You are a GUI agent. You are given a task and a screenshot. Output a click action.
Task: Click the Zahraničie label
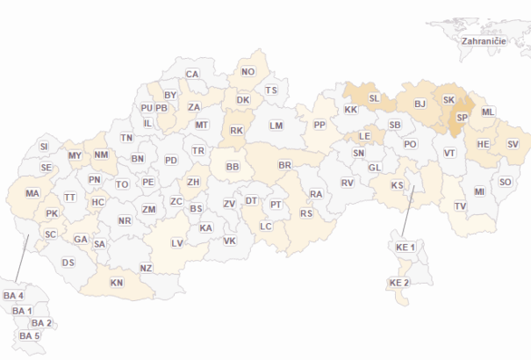point(483,40)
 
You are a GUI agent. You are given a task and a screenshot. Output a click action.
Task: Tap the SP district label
point(463,117)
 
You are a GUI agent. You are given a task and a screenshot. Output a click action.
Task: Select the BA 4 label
point(13,295)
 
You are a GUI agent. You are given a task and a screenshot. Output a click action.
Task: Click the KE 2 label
point(399,283)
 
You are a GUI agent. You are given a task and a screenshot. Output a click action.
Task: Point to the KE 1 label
point(405,247)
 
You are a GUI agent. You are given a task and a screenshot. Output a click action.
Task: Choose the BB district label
point(233,166)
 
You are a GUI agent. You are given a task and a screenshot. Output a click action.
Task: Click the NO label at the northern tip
point(248,71)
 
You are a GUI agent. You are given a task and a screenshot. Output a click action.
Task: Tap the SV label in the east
point(513,143)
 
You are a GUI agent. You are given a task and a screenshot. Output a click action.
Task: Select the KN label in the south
point(117,283)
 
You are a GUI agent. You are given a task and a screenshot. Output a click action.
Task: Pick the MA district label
point(32,193)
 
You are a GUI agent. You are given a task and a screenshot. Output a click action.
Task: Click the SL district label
point(374,98)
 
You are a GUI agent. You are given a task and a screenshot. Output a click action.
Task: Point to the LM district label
point(277,126)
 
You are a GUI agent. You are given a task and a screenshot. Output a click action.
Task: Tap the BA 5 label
point(30,336)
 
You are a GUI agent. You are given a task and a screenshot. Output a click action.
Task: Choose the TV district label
point(461,206)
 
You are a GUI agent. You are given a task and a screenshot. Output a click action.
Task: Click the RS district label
point(306,213)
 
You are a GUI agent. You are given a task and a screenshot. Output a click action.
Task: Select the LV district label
point(177,242)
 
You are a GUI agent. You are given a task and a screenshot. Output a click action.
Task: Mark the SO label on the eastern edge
point(506,182)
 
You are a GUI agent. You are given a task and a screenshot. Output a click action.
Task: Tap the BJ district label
point(420,104)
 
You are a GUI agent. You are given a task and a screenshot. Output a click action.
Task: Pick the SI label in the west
point(45,146)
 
